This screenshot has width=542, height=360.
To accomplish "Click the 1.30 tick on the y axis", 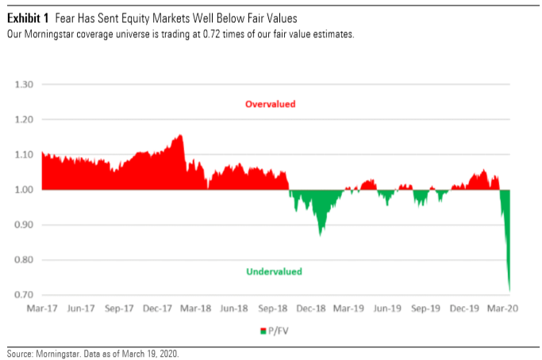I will point(23,84).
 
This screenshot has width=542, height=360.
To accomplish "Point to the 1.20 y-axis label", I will point(23,119).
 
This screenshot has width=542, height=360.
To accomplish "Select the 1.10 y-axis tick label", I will point(23,154).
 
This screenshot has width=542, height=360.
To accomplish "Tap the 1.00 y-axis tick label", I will point(23,190).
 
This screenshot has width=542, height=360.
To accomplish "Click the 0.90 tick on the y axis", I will point(23,224).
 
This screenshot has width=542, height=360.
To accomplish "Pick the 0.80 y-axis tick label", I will point(23,259).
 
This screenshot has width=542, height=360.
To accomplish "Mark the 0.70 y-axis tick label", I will point(23,294).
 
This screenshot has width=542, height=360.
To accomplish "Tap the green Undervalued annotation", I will point(274,271).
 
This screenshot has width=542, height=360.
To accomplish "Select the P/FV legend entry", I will point(274,330).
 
